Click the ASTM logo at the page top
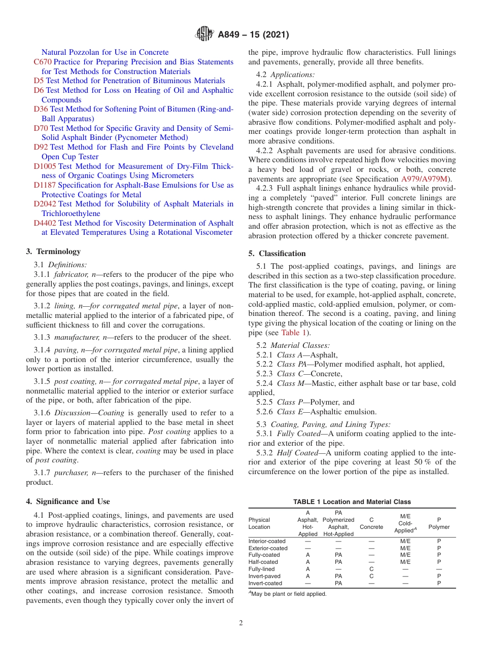(204, 34)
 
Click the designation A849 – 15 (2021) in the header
(253, 35)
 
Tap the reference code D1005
(45, 166)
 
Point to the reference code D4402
(45, 223)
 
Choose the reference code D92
(41, 147)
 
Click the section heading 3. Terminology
(53, 252)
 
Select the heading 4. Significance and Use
(68, 501)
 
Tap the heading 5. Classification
(277, 254)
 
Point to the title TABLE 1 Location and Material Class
(352, 501)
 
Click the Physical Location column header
(259, 523)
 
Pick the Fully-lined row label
(261, 569)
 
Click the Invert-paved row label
(264, 576)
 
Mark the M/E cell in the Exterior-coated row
(405, 548)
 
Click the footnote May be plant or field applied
(288, 594)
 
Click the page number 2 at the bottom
(241, 623)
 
